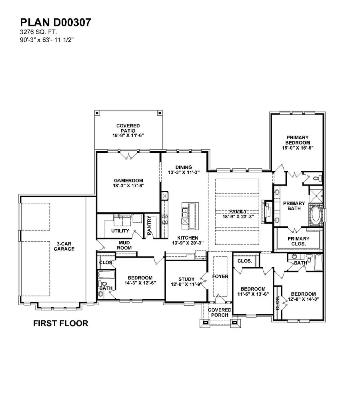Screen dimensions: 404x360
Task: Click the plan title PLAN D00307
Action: (x=55, y=22)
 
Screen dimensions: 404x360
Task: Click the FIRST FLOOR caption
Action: (x=60, y=323)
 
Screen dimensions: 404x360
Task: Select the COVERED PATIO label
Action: (x=128, y=128)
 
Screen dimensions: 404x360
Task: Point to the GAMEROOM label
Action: (x=128, y=180)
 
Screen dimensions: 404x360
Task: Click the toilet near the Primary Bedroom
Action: (x=316, y=178)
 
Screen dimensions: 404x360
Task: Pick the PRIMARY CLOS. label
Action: (x=297, y=241)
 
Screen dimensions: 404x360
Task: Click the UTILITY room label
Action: (x=120, y=231)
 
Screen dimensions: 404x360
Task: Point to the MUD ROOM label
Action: (x=124, y=245)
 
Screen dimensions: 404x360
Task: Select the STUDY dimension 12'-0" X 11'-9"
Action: (x=186, y=285)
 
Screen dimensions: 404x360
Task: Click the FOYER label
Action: (x=220, y=276)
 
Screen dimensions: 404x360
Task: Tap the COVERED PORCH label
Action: (x=220, y=312)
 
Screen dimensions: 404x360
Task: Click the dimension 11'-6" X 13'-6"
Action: (x=253, y=294)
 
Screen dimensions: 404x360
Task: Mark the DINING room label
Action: (x=184, y=167)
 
